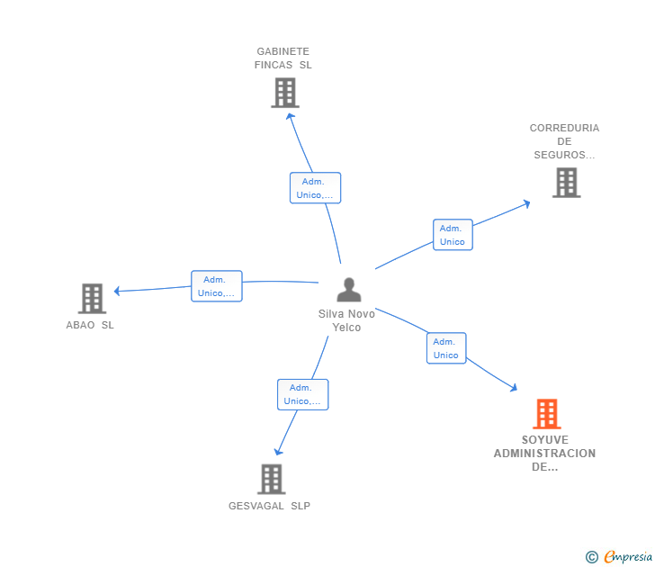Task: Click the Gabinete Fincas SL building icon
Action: pyautogui.click(x=284, y=93)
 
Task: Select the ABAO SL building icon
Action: pyautogui.click(x=92, y=298)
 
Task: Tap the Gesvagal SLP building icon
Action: pyautogui.click(x=271, y=479)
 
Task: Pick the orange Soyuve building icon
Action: pyautogui.click(x=546, y=414)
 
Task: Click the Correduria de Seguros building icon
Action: pyautogui.click(x=565, y=183)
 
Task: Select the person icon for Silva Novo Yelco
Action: pyautogui.click(x=348, y=290)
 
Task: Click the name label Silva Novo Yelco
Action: pyautogui.click(x=346, y=320)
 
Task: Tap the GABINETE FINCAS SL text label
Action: pyautogui.click(x=283, y=58)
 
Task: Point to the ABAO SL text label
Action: pyautogui.click(x=90, y=325)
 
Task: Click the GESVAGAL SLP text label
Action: pyautogui.click(x=269, y=506)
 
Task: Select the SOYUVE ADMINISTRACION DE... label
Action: pyautogui.click(x=544, y=454)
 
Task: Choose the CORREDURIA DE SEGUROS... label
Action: pyautogui.click(x=564, y=141)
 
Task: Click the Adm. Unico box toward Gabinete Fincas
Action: pyautogui.click(x=315, y=188)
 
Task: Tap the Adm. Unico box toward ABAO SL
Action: pyautogui.click(x=216, y=286)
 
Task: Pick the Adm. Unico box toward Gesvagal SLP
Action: pyautogui.click(x=302, y=394)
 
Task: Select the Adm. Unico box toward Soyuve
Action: pyautogui.click(x=445, y=348)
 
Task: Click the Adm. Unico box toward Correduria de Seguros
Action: pyautogui.click(x=453, y=235)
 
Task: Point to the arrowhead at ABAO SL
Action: pyautogui.click(x=117, y=291)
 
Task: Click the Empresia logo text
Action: pyautogui.click(x=628, y=556)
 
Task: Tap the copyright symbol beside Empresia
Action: pyautogui.click(x=591, y=557)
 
